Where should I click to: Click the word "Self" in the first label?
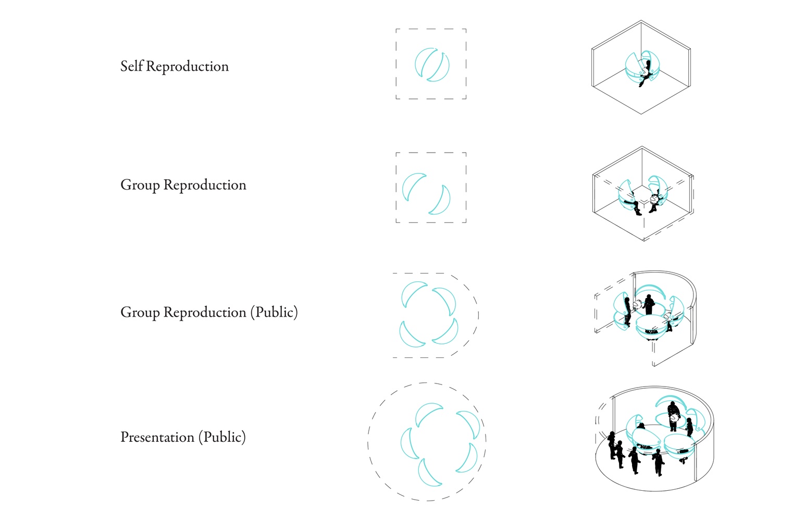(131, 66)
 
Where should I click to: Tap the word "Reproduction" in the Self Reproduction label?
(187, 67)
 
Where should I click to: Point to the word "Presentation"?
(157, 437)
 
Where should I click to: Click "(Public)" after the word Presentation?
(222, 437)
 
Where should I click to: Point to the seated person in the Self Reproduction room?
(646, 74)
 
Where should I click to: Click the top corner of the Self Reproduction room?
(641, 20)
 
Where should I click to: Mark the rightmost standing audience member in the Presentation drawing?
(658, 463)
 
